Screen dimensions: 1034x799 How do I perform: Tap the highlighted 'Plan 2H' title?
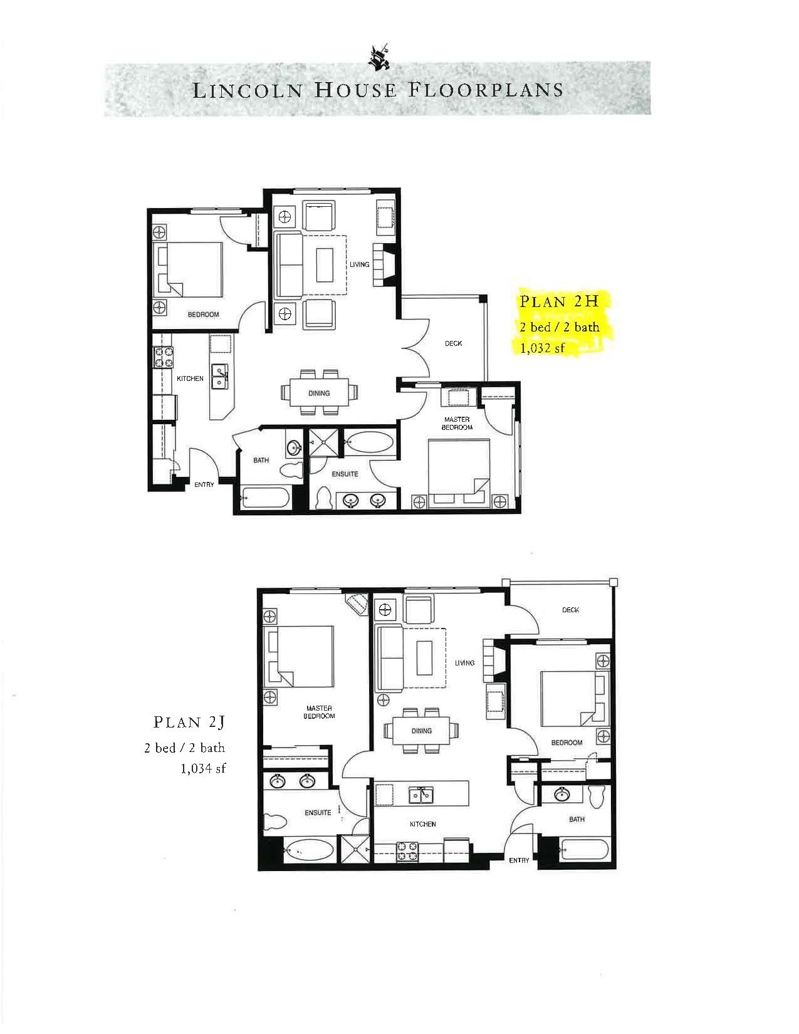click(x=558, y=301)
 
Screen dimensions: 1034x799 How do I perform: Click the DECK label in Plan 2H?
click(x=453, y=343)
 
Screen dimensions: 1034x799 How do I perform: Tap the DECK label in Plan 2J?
click(x=570, y=610)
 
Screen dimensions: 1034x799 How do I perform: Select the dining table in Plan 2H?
click(x=320, y=393)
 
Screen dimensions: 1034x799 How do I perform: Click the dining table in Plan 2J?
click(x=421, y=731)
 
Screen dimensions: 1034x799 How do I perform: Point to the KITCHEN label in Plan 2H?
click(x=190, y=379)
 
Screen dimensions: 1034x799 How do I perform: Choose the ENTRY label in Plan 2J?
click(x=519, y=860)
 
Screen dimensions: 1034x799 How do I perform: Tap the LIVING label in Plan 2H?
click(x=359, y=264)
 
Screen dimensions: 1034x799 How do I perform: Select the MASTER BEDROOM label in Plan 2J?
click(x=319, y=712)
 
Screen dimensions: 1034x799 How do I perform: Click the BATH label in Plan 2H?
click(x=261, y=461)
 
